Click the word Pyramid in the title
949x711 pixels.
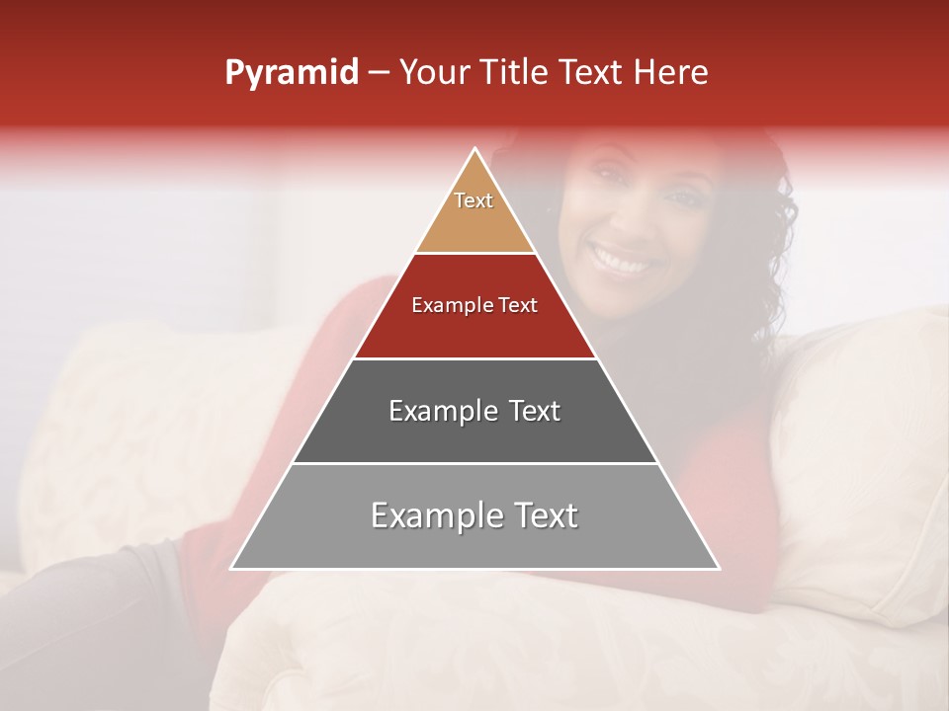click(291, 73)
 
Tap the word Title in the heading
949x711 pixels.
click(513, 73)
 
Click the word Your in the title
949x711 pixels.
click(433, 73)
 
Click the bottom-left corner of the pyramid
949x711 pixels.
click(233, 568)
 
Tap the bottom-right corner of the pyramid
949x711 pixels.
click(718, 568)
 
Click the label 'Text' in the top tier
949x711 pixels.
click(474, 200)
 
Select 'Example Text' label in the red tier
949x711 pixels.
click(474, 305)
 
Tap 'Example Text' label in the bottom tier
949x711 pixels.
click(474, 514)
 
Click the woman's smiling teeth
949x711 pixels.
click(623, 263)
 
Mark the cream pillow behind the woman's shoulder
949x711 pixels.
click(860, 444)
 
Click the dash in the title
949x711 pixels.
click(378, 73)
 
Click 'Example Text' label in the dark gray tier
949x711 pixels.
click(474, 410)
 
